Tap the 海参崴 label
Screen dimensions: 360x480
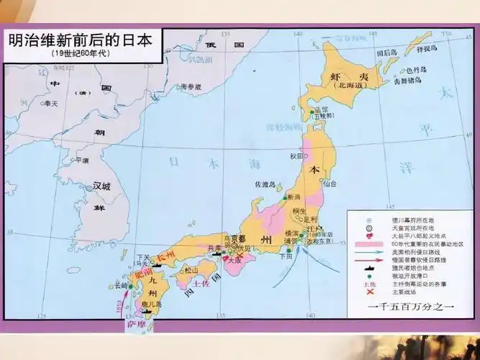[191, 86]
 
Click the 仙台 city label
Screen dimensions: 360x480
[329, 184]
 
